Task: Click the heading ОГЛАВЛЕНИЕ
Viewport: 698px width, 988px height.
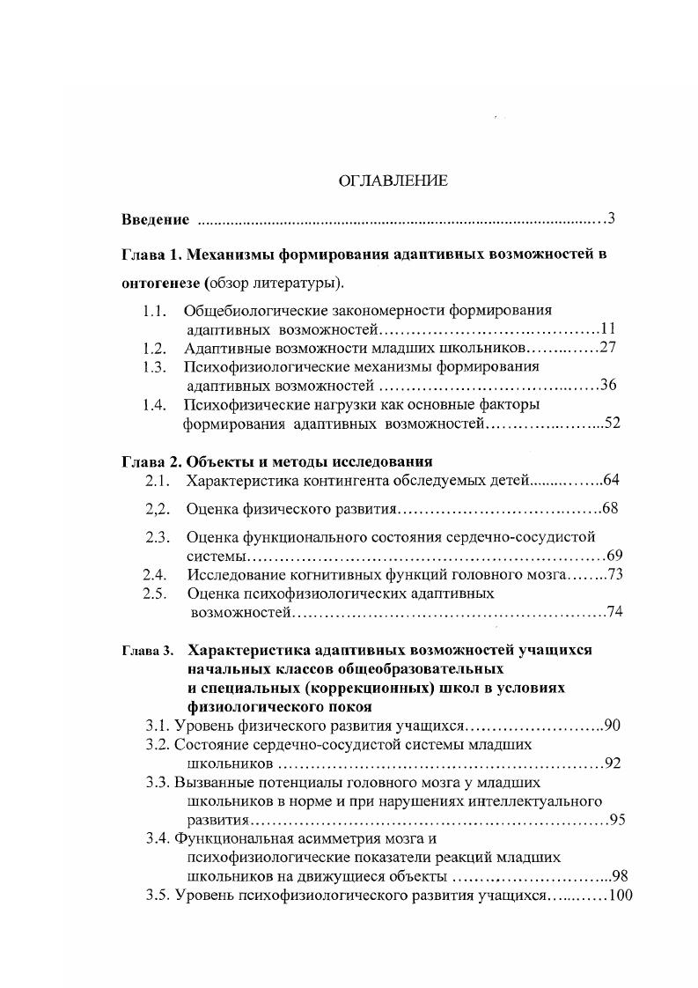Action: tap(393, 181)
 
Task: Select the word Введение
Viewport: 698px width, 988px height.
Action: tap(155, 219)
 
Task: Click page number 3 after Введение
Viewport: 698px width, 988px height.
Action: tap(611, 218)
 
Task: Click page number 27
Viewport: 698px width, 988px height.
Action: tap(607, 347)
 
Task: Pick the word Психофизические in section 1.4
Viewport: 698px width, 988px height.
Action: tap(239, 404)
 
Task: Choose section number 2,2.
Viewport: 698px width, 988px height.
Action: tap(157, 509)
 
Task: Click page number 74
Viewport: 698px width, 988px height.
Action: tap(615, 612)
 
